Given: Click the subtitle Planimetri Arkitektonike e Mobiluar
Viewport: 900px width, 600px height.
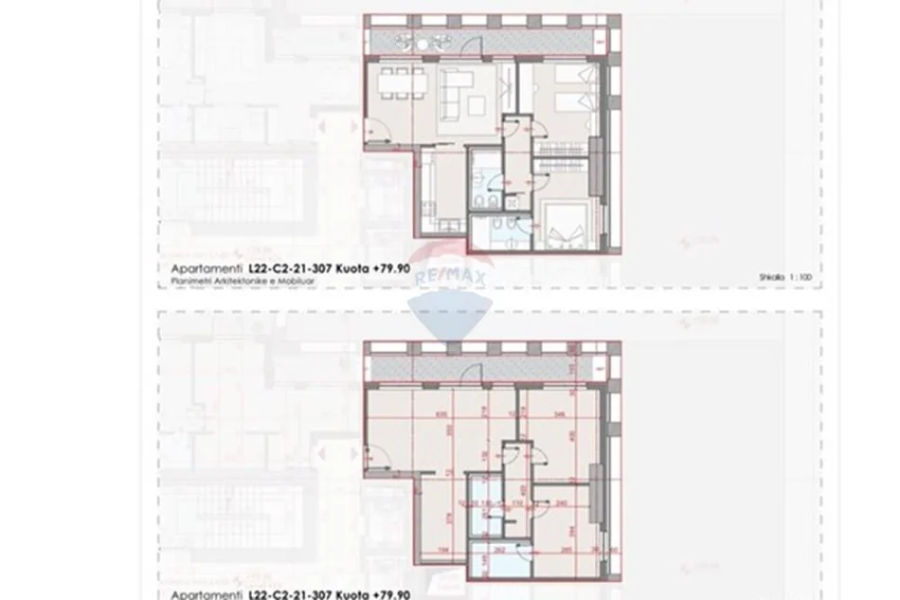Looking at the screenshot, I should pyautogui.click(x=230, y=282).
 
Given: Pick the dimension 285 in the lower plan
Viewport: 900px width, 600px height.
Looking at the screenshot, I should pyautogui.click(x=566, y=548).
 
